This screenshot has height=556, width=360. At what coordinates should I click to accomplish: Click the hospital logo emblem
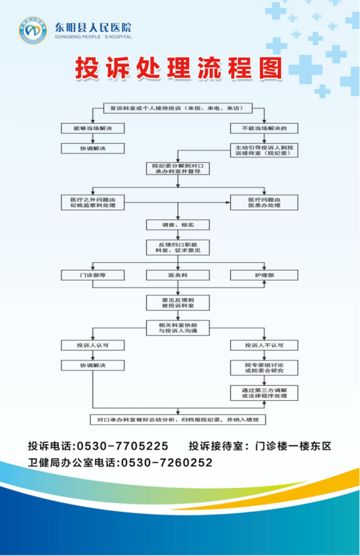[x=33, y=30]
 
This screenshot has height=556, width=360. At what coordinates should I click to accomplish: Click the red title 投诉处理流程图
[x=178, y=68]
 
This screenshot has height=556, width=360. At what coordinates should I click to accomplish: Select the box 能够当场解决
[x=93, y=128]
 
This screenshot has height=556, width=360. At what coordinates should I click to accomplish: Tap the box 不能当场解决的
[x=264, y=128]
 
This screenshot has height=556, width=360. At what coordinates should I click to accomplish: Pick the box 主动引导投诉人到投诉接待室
[x=264, y=150]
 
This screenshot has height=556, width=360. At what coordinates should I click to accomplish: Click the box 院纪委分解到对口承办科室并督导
[x=178, y=168]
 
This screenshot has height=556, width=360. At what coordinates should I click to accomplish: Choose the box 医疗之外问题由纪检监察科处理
[x=93, y=202]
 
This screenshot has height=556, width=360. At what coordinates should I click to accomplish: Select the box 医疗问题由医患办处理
[x=264, y=202]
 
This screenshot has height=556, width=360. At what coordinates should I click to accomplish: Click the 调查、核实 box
[x=178, y=225]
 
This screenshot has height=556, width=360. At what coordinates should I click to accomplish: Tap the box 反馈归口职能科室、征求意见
[x=178, y=247]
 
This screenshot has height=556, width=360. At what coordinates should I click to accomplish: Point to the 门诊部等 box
[x=93, y=275]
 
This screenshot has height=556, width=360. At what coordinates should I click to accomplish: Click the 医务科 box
[x=178, y=275]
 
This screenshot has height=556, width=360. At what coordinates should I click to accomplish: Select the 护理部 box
[x=264, y=275]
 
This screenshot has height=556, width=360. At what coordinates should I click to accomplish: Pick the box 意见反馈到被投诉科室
[x=178, y=303]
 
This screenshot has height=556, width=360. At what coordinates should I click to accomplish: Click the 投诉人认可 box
[x=93, y=345]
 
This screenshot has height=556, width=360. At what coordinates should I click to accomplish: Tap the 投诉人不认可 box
[x=264, y=345]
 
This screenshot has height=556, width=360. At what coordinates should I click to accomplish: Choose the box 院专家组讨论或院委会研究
[x=264, y=367]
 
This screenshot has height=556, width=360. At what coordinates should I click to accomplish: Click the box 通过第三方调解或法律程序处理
[x=264, y=393]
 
